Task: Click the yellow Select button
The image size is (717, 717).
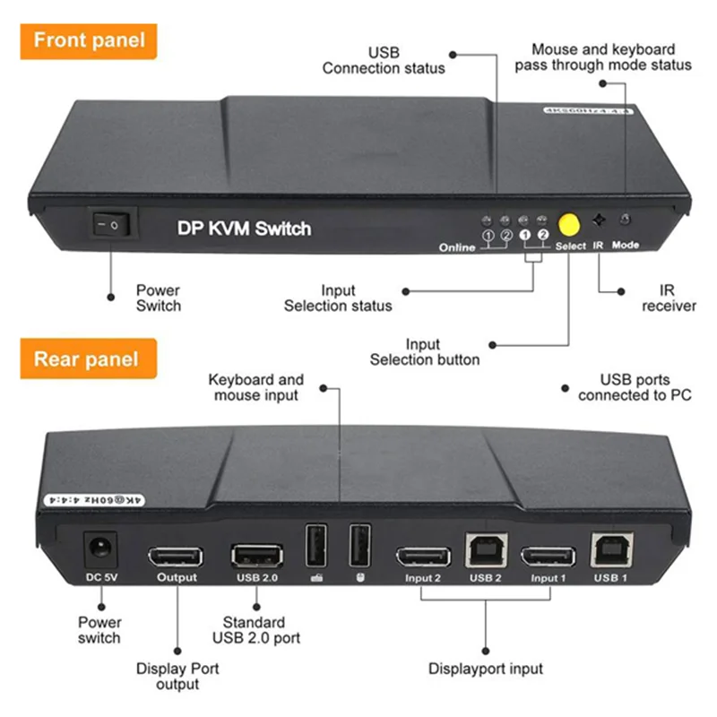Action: [568, 223]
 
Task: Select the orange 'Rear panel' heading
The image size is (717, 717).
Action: [87, 359]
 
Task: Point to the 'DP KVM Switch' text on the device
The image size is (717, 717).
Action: [243, 229]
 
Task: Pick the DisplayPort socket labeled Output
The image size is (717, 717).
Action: [176, 556]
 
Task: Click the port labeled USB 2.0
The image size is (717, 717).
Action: [258, 556]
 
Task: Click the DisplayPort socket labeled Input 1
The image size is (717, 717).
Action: [548, 557]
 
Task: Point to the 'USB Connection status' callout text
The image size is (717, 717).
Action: [384, 60]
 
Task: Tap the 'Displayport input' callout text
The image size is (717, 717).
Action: [485, 668]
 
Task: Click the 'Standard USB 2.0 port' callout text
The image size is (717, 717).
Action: [255, 629]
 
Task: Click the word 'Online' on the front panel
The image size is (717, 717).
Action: [457, 247]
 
